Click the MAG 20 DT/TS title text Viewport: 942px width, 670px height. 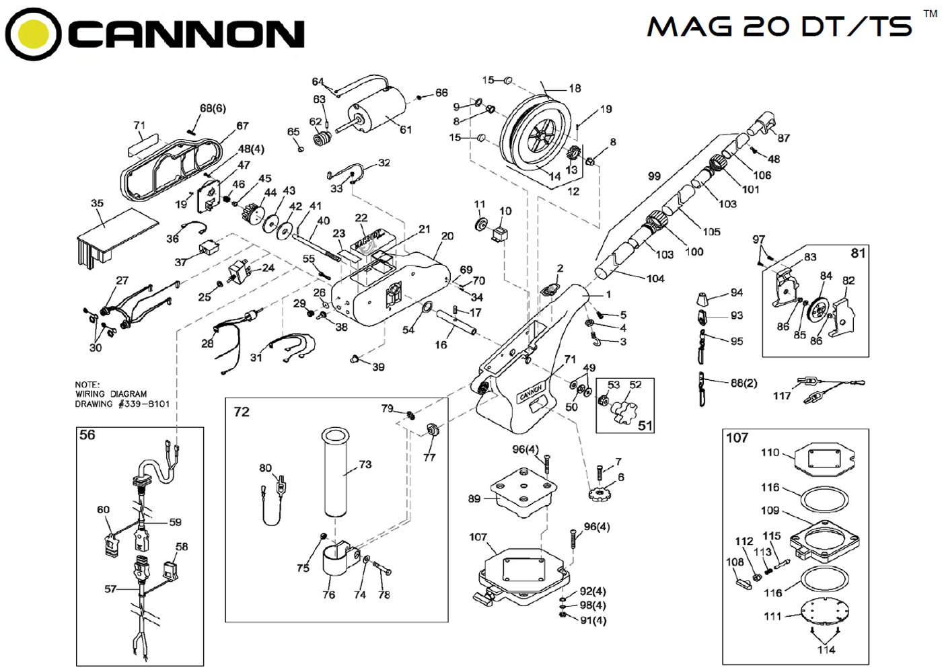pos(779,26)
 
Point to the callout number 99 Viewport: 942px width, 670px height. pos(654,176)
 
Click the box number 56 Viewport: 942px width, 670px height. pos(87,435)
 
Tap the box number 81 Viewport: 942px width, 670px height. pos(858,253)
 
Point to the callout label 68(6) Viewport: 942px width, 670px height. pos(213,108)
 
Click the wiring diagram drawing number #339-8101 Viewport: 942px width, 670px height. pos(144,404)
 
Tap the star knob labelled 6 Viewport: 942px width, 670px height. pos(598,495)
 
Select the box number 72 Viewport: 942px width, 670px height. pos(242,412)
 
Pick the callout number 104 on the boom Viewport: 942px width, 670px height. pos(655,278)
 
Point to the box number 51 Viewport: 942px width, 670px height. pos(645,425)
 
